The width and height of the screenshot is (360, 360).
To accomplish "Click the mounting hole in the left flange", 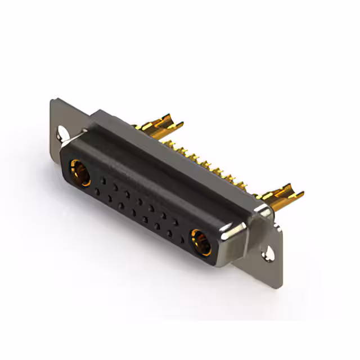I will [x=60, y=134].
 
